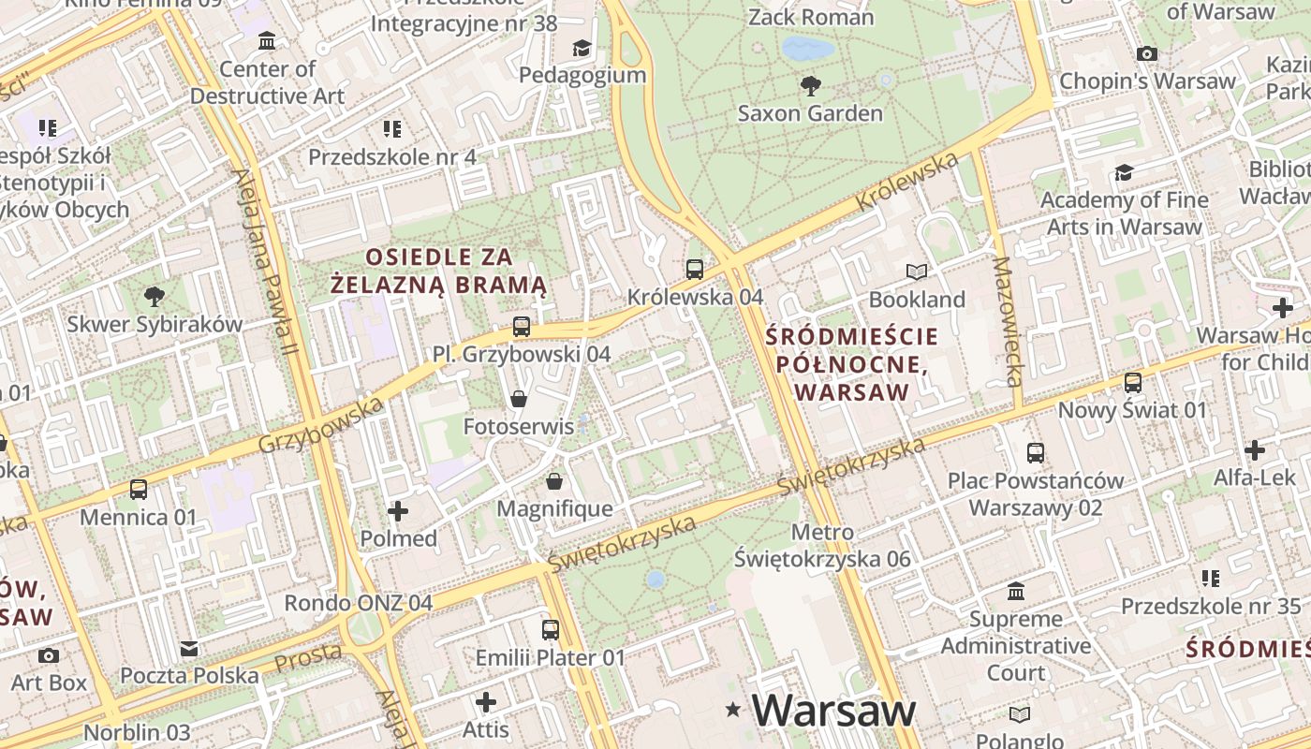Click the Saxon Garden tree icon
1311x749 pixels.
(811, 86)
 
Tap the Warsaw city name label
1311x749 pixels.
(833, 711)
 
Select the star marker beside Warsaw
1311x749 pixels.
(733, 711)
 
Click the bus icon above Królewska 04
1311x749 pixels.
(695, 270)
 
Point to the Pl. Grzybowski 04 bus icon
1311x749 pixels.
(522, 327)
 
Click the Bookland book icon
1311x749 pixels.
(917, 272)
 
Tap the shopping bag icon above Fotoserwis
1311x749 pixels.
(519, 400)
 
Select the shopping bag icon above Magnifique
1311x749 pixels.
(554, 482)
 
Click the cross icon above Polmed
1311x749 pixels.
(398, 511)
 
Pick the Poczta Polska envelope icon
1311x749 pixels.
(189, 649)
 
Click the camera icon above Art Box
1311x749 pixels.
(49, 655)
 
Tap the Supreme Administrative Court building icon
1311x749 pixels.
(1016, 592)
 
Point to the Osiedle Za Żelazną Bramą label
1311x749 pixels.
(440, 271)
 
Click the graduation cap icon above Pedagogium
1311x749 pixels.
(582, 48)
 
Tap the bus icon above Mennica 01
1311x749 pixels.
(139, 490)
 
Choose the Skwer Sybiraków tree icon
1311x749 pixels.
(155, 298)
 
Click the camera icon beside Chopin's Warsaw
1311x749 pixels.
(1147, 54)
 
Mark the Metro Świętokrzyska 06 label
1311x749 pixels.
(822, 546)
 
